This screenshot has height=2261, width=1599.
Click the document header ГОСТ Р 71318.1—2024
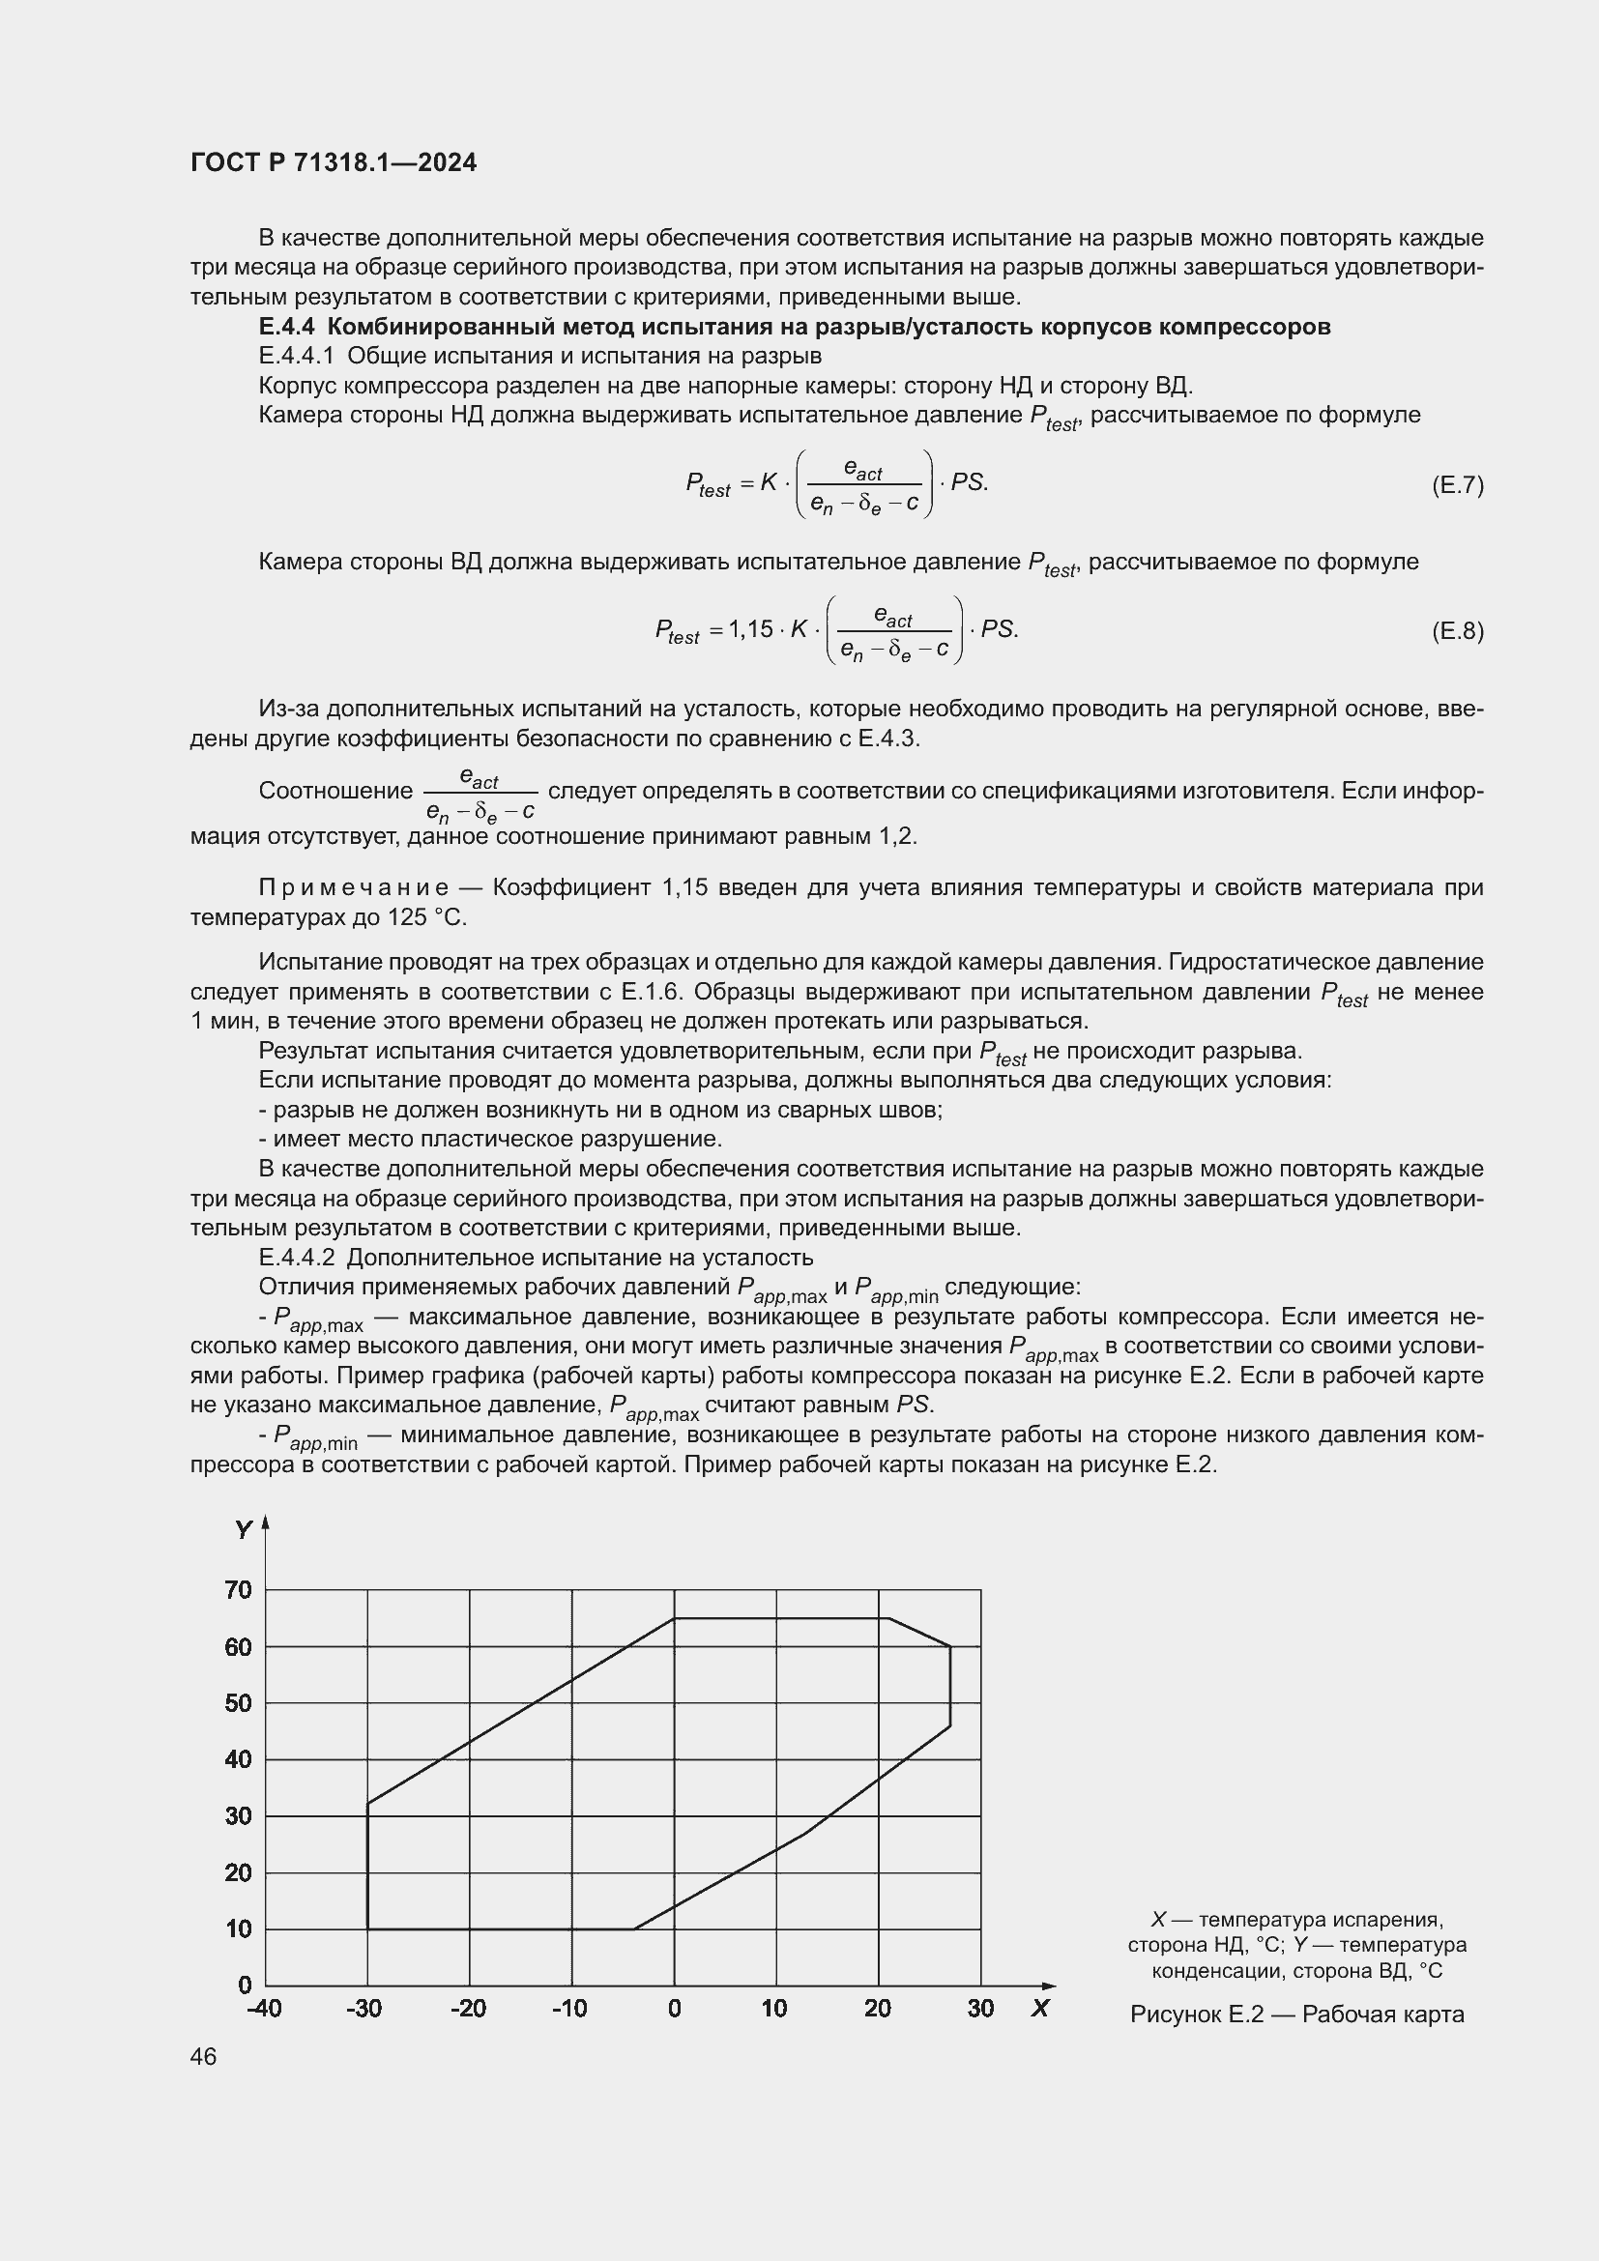[x=333, y=162]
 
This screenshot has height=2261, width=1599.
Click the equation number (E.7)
[x=1456, y=484]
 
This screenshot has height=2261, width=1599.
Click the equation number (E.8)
[x=1456, y=630]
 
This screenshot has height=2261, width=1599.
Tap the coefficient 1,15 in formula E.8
[x=751, y=628]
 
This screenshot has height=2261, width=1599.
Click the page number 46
[x=204, y=2056]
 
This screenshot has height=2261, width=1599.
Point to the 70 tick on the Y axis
[x=238, y=1589]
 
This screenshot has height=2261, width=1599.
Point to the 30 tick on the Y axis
[x=238, y=1816]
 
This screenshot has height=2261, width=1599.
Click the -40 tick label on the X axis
[x=264, y=2008]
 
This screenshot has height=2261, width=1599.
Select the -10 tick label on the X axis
[x=569, y=2008]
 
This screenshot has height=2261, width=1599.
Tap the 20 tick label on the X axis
[x=877, y=2008]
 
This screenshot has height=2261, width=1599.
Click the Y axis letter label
[x=244, y=1530]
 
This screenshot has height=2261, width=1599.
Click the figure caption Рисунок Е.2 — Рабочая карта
[x=1296, y=2014]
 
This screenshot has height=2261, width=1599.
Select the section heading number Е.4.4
[x=287, y=327]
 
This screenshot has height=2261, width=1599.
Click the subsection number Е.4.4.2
[x=298, y=1258]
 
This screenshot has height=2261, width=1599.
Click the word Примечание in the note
[x=354, y=887]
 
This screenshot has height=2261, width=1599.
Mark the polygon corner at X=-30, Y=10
[x=367, y=1928]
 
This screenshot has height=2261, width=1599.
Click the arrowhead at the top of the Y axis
[x=265, y=1523]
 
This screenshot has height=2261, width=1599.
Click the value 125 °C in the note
[x=426, y=917]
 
